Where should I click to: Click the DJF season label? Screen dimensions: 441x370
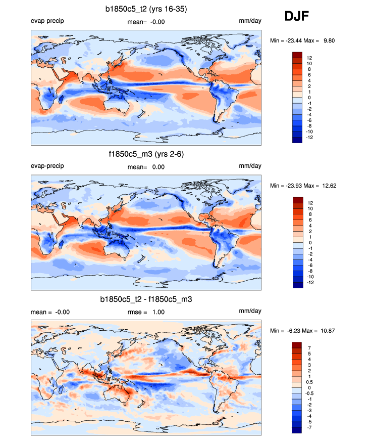[297, 17]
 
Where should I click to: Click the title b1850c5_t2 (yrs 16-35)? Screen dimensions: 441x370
[146, 9]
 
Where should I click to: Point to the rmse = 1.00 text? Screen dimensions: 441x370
[146, 312]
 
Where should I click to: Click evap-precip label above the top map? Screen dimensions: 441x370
[47, 21]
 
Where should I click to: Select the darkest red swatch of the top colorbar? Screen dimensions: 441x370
[297, 54]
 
